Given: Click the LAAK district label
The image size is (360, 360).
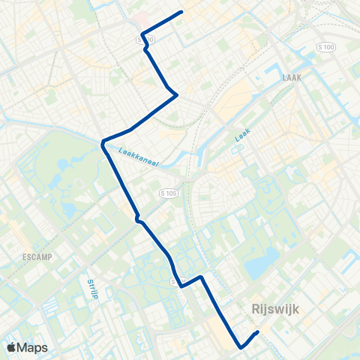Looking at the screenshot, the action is click(292, 77).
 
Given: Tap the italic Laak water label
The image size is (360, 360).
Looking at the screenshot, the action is click(241, 135).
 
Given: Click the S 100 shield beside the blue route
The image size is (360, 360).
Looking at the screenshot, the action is click(146, 39).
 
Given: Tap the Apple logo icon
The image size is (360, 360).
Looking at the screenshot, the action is click(11, 348).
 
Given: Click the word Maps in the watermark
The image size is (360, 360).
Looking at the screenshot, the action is click(33, 348).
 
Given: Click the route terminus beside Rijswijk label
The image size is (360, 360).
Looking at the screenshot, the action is click(257, 332).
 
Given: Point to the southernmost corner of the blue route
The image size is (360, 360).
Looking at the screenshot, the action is click(241, 347).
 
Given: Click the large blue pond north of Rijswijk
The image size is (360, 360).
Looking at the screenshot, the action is click(258, 265).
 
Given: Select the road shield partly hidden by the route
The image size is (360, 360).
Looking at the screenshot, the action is click(175, 282).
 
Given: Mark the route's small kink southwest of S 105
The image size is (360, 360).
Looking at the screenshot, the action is click(138, 219).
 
